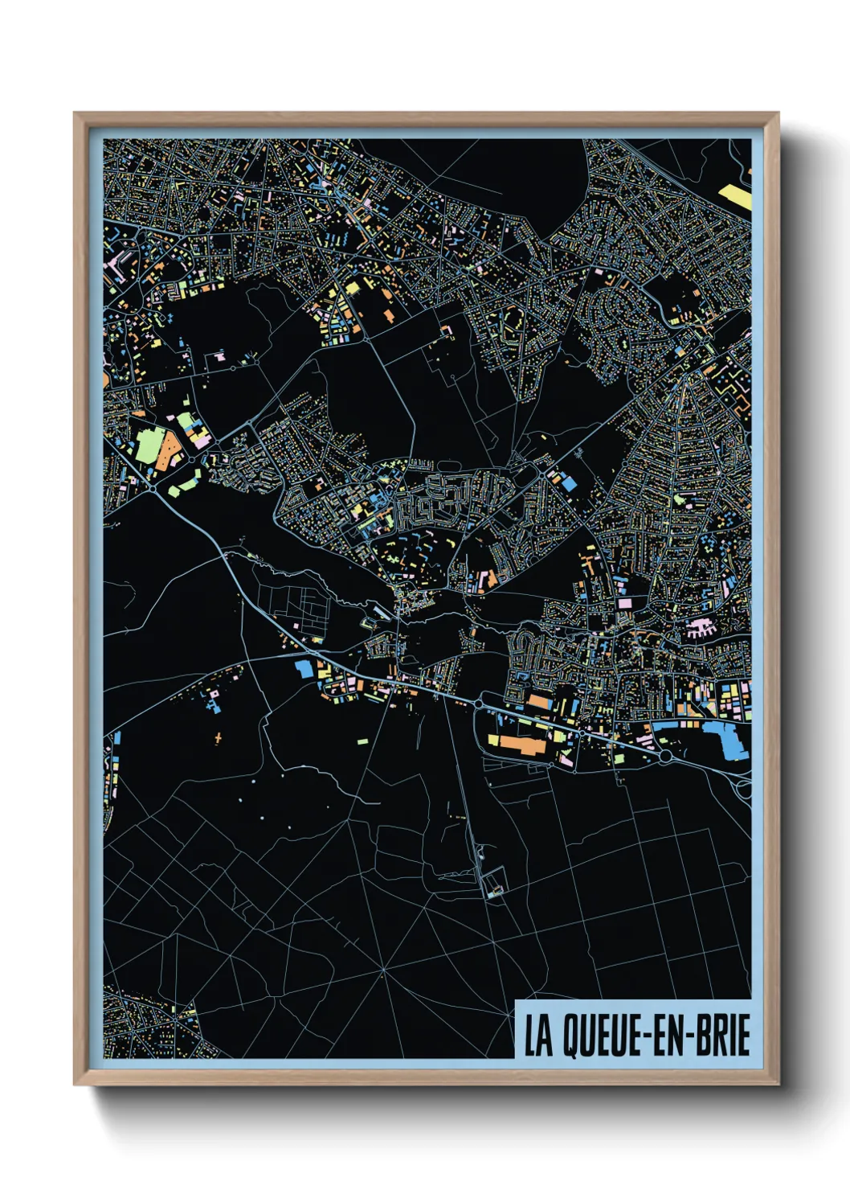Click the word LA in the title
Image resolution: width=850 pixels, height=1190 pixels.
click(x=539, y=1036)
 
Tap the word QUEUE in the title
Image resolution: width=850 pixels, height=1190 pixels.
click(x=592, y=1036)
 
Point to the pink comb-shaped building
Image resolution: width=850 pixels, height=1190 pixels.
click(x=699, y=628)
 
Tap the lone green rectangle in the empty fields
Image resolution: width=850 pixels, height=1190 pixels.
click(x=362, y=741)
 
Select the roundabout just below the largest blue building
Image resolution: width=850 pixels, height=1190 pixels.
click(x=665, y=757)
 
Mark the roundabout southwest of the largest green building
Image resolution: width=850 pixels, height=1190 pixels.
click(x=152, y=486)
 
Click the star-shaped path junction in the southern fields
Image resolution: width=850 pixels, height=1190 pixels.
click(x=383, y=970)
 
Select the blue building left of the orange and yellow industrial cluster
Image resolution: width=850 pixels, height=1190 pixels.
click(x=304, y=668)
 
